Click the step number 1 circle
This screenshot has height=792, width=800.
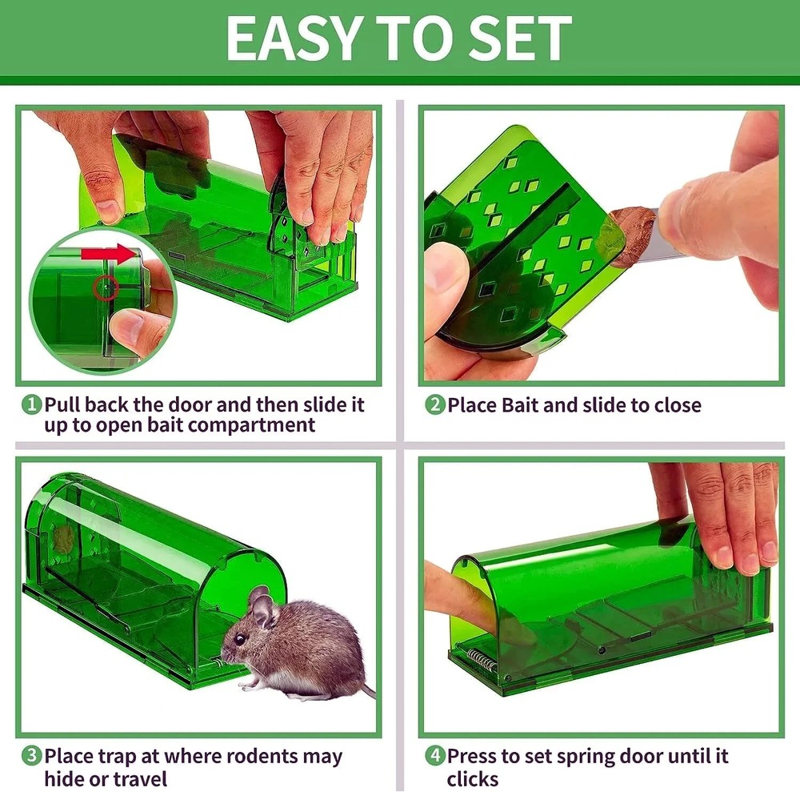(30, 405)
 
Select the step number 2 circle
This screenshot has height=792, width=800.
(434, 405)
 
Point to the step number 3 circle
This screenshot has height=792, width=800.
(30, 756)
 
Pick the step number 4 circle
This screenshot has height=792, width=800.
(434, 756)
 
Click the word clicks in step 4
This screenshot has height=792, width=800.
(473, 778)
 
